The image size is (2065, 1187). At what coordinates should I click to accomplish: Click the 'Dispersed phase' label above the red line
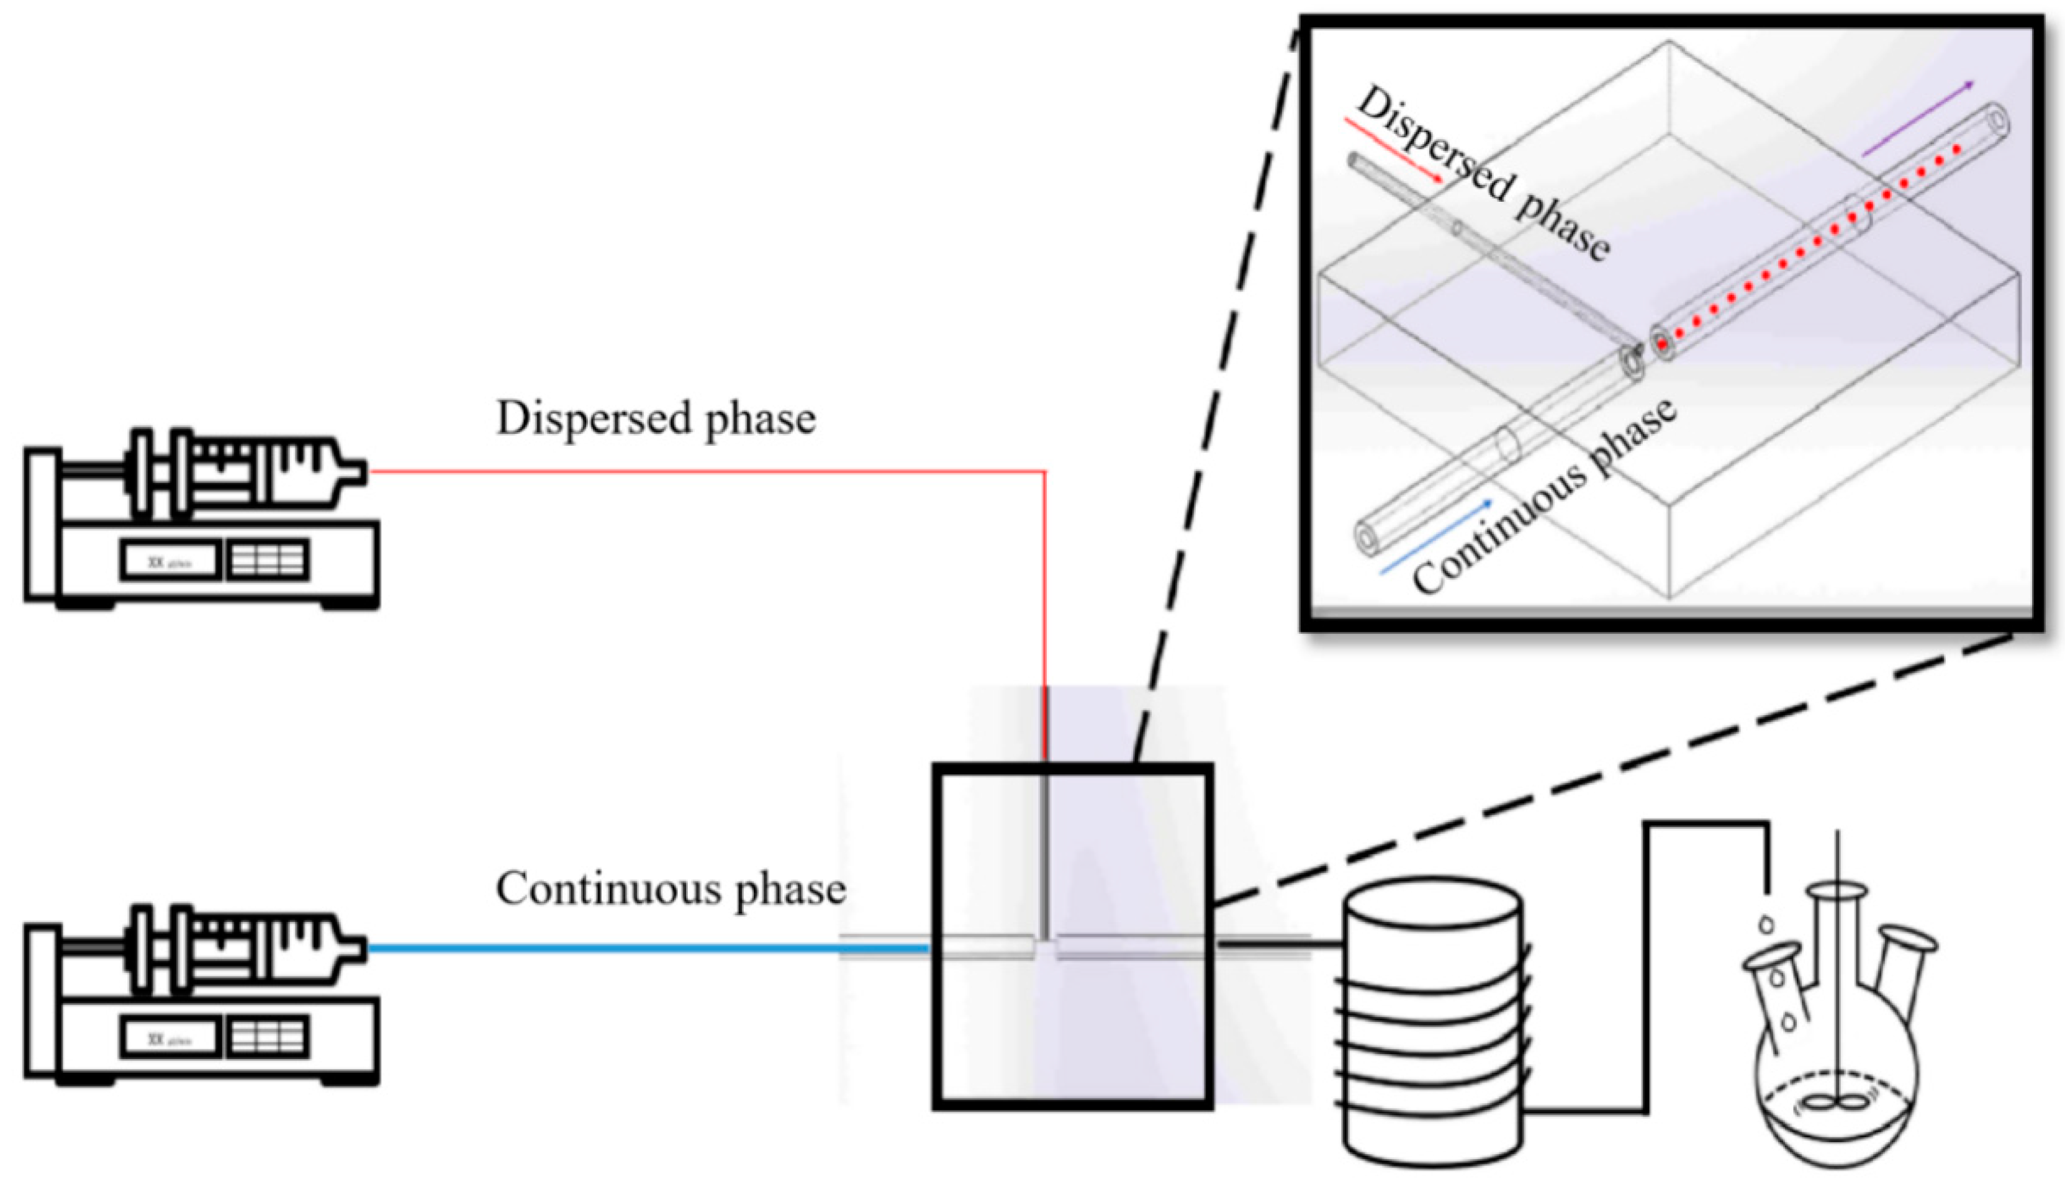pyautogui.click(x=656, y=419)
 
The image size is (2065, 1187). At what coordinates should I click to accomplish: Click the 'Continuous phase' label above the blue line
pyautogui.click(x=670, y=888)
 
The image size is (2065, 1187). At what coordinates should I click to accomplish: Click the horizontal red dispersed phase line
pyautogui.click(x=701, y=471)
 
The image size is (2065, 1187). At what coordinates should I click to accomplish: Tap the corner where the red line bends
pyautogui.click(x=1044, y=472)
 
